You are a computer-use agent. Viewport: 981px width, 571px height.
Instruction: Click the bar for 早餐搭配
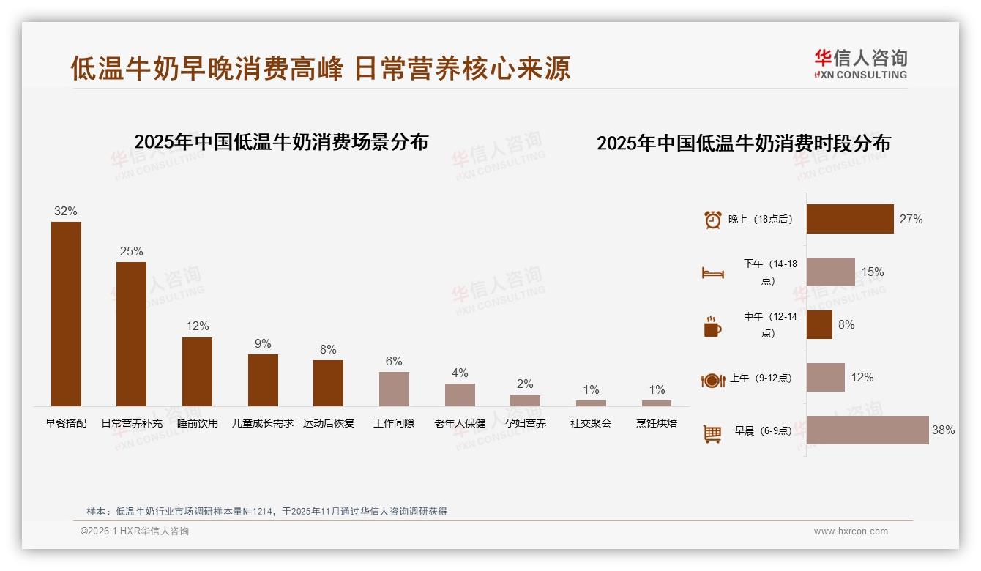tap(66, 314)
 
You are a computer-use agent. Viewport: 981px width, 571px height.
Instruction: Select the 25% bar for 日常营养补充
tap(131, 334)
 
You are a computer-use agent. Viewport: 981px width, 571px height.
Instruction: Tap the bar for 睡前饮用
tap(197, 371)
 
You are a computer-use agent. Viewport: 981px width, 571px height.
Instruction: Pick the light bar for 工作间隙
tap(394, 389)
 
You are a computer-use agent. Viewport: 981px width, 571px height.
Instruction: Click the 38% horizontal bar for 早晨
tap(868, 430)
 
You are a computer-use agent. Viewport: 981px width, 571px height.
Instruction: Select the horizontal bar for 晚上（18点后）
tap(850, 219)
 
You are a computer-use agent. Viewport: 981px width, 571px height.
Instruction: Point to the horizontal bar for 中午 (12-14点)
tap(819, 324)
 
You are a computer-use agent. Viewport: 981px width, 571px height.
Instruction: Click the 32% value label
tap(65, 211)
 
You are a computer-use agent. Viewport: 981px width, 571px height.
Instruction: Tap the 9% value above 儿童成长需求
tap(263, 343)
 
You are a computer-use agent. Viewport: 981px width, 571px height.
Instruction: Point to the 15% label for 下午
tap(872, 272)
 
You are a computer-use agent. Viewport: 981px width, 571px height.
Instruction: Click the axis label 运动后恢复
tap(329, 423)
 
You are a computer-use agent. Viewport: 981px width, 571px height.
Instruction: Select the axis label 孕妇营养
tap(525, 423)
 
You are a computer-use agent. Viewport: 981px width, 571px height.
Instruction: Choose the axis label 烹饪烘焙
tap(657, 423)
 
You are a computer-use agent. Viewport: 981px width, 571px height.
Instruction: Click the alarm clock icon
tap(712, 220)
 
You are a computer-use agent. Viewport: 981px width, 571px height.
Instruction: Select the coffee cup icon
tap(712, 326)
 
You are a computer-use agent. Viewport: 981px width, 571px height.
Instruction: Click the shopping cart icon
tap(712, 433)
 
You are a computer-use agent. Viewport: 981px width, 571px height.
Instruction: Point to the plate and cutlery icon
tap(712, 380)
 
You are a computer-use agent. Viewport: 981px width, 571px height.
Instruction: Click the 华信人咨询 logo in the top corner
tap(860, 64)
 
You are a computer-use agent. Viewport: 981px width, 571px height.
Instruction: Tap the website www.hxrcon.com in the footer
tap(851, 531)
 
